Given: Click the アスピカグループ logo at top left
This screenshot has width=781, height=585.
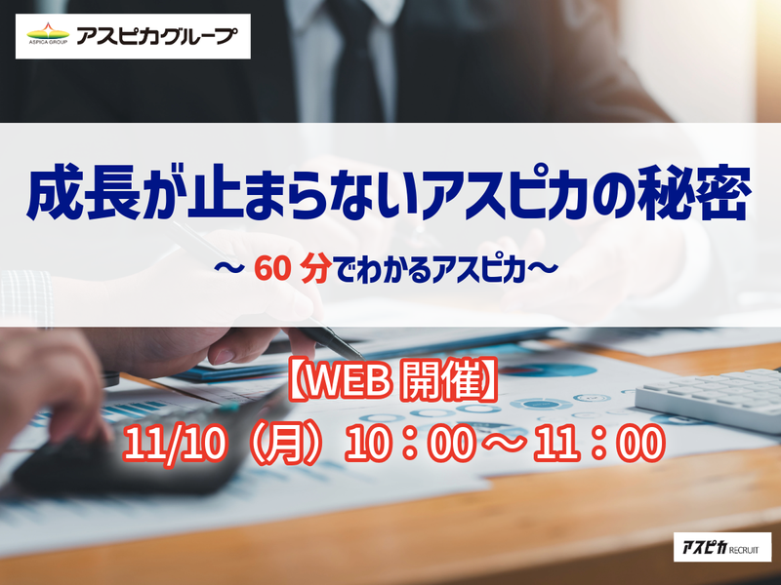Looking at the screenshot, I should pos(133,37).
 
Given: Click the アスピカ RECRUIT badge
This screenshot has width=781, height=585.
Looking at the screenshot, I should pos(721,547).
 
